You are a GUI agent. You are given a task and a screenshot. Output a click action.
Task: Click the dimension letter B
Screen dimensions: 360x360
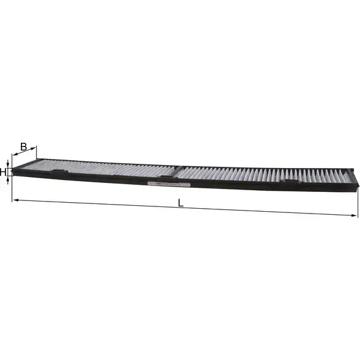coord(23,146)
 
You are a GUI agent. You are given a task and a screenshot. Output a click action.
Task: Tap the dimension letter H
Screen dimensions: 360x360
coord(4,172)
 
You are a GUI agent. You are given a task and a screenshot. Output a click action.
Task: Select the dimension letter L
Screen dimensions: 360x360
coord(180,203)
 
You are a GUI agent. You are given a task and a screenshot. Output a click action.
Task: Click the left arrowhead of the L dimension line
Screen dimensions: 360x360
coord(16,199)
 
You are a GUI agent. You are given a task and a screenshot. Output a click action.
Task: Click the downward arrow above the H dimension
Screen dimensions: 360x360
coord(8,164)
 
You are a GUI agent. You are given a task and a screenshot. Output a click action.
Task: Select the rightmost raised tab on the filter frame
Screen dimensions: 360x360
coord(290,182)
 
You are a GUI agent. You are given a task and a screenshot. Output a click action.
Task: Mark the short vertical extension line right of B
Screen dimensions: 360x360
coord(36,154)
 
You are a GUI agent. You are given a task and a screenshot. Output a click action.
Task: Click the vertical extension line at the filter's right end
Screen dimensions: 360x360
coord(358,201)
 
